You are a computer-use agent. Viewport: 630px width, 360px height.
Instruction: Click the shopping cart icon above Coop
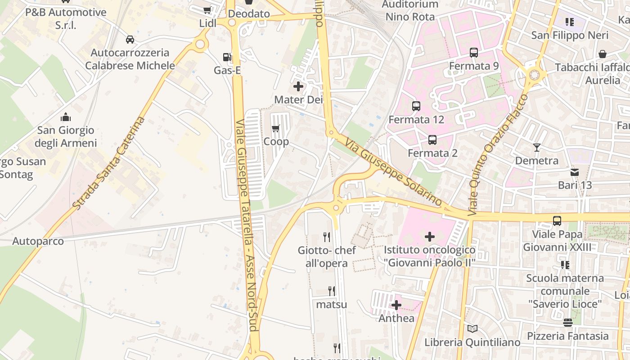point(276,128)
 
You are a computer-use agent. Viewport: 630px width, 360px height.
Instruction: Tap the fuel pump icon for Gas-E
point(228,57)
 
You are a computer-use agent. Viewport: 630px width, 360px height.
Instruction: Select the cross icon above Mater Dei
point(298,86)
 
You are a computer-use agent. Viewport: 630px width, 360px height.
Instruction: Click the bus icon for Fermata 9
point(474,53)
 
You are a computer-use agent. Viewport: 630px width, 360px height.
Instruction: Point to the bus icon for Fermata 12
point(416,106)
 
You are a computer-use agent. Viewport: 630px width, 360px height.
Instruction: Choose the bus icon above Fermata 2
point(432,139)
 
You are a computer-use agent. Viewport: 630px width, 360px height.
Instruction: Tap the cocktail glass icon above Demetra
point(536,147)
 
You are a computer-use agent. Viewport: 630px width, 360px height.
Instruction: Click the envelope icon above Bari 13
point(575,172)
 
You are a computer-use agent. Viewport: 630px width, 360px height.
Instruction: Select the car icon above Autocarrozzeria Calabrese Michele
point(130,40)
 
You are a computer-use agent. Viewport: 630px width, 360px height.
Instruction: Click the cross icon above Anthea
point(396,305)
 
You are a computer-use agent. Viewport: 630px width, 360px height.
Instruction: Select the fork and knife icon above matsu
point(332,291)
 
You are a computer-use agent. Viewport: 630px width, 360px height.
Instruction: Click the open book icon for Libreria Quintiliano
point(472,329)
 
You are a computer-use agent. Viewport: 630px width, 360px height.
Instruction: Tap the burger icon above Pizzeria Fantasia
point(567,323)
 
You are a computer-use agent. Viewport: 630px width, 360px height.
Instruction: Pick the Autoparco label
point(38,241)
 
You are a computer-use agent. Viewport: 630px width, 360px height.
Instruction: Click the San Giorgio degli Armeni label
point(66,137)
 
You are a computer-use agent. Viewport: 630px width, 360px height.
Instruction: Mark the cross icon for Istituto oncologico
point(430,236)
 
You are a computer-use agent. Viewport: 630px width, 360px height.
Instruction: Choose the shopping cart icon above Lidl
point(207,10)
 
